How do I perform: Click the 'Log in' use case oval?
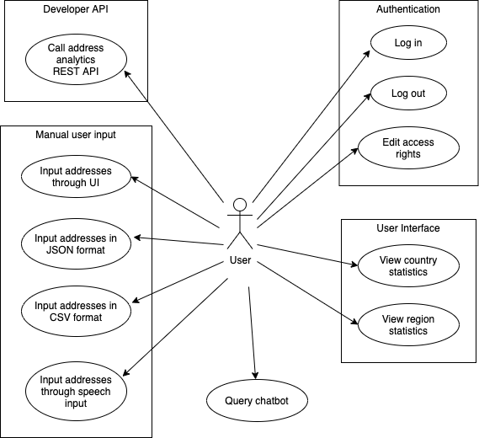pyautogui.click(x=408, y=42)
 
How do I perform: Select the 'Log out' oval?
pyautogui.click(x=408, y=93)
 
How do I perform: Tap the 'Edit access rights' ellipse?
pyautogui.click(x=408, y=148)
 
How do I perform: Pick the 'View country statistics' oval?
pyautogui.click(x=408, y=265)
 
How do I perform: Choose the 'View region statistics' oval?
pyautogui.click(x=408, y=324)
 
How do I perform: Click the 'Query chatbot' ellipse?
pyautogui.click(x=257, y=400)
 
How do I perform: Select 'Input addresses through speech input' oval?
pyautogui.click(x=76, y=391)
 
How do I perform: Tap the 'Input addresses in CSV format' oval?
pyautogui.click(x=76, y=311)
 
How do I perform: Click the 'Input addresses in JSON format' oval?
pyautogui.click(x=76, y=244)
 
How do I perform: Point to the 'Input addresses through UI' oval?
pyautogui.click(x=76, y=176)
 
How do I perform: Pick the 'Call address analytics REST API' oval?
pyautogui.click(x=76, y=59)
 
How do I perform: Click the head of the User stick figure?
pyautogui.click(x=240, y=205)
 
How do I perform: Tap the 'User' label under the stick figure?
pyautogui.click(x=241, y=260)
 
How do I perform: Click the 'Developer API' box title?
pyautogui.click(x=76, y=9)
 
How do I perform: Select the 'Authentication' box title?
pyautogui.click(x=408, y=9)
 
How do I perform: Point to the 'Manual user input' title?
pyautogui.click(x=76, y=135)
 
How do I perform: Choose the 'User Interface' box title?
pyautogui.click(x=408, y=228)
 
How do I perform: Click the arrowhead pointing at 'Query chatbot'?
pyautogui.click(x=255, y=376)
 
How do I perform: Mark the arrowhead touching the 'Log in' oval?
pyautogui.click(x=367, y=54)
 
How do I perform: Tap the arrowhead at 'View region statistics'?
pyautogui.click(x=354, y=322)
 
